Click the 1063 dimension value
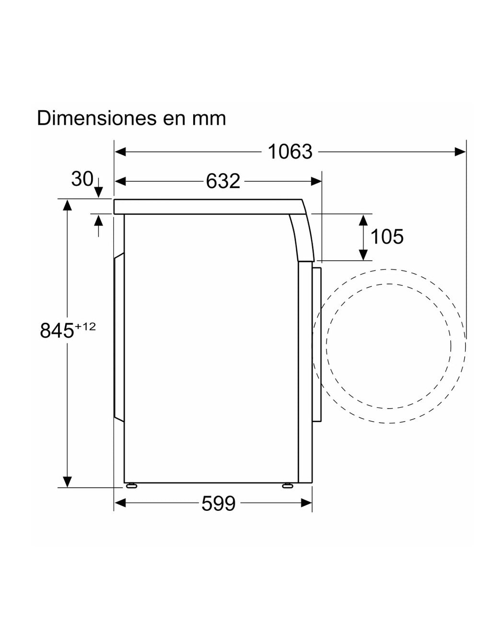point(290,152)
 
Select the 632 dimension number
point(223,181)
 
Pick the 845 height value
point(57,330)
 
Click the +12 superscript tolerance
point(85,326)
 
